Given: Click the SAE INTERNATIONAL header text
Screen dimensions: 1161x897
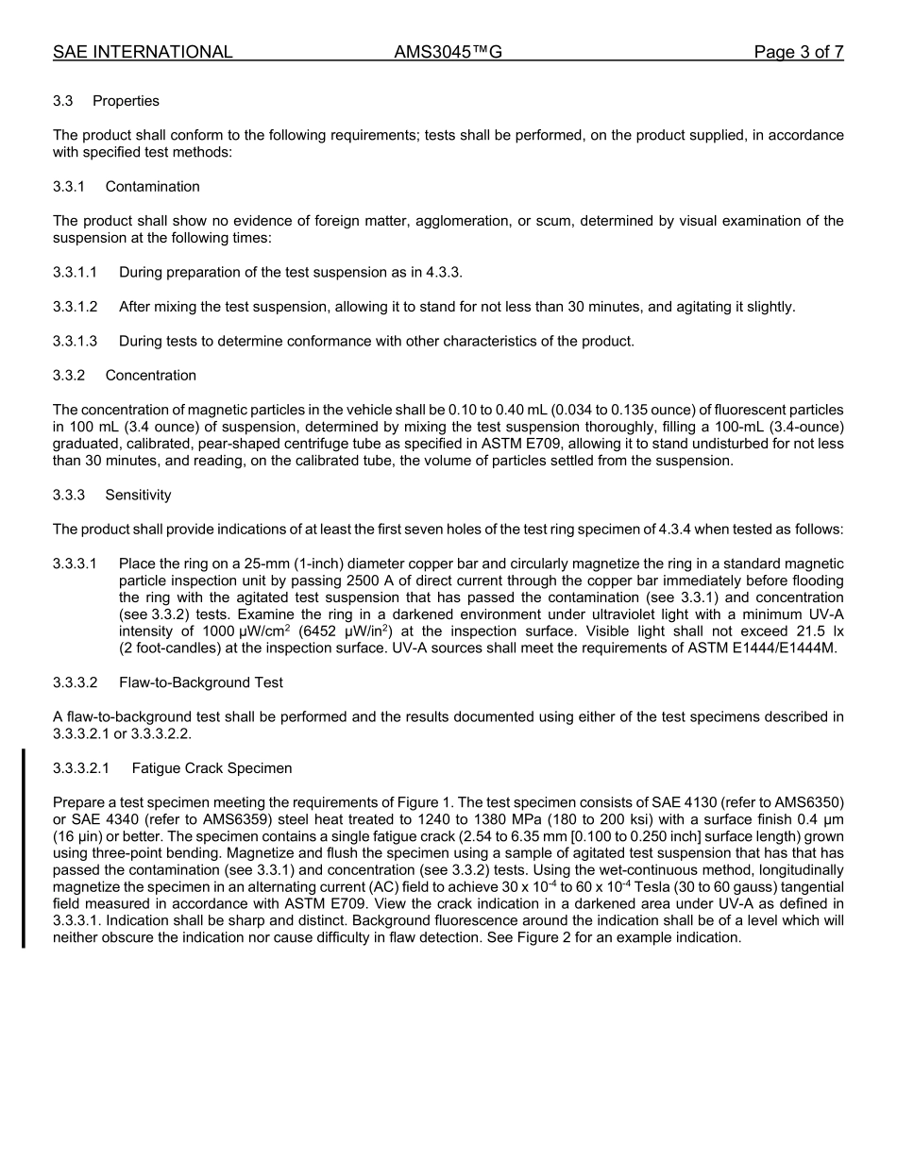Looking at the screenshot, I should coord(143,53).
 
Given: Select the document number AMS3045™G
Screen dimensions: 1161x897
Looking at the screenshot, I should coord(448,53).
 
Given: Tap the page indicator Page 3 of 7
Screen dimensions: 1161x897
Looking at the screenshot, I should coord(798,53).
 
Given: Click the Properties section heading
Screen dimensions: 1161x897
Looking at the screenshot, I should coord(126,101).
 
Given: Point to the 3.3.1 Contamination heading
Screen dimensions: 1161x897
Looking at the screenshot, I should coord(127,187).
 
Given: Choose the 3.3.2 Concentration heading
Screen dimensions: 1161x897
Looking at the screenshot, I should coord(125,376).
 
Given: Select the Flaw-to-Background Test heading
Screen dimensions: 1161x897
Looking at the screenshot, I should coord(200,682).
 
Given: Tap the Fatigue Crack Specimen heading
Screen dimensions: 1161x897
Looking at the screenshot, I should coord(212,768).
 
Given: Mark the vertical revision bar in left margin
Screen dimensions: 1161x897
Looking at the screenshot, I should coord(24,848).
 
